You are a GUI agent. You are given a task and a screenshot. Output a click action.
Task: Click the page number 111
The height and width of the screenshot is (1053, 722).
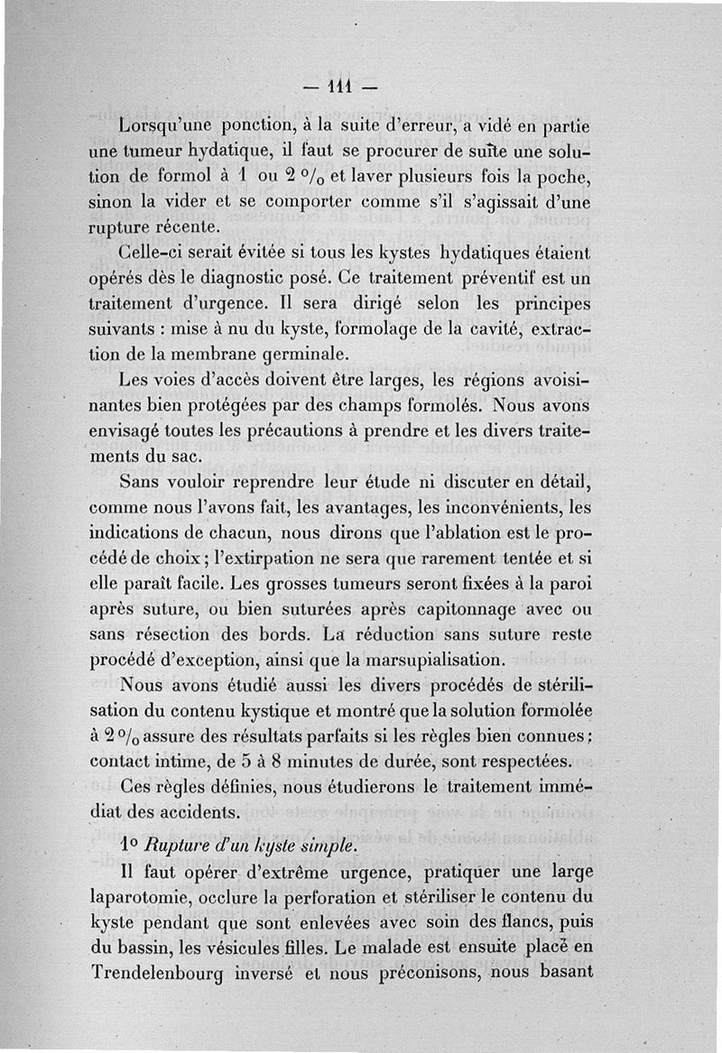tap(340, 88)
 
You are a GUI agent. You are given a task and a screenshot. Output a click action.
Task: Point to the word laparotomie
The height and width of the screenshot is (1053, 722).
tap(146, 905)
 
